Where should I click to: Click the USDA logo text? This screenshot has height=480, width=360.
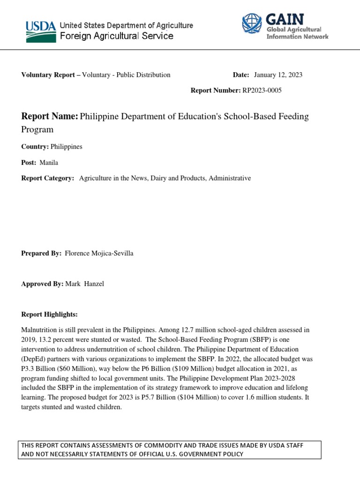(40, 26)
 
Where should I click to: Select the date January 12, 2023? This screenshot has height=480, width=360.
(278, 75)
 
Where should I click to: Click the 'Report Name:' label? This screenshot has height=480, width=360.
(50, 117)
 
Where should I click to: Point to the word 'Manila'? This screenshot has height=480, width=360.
(49, 163)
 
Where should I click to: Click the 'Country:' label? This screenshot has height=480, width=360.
(35, 147)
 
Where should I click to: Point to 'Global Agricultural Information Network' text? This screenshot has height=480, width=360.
(297, 33)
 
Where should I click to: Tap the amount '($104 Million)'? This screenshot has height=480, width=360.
(190, 397)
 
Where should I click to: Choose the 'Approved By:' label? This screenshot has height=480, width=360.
(42, 285)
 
